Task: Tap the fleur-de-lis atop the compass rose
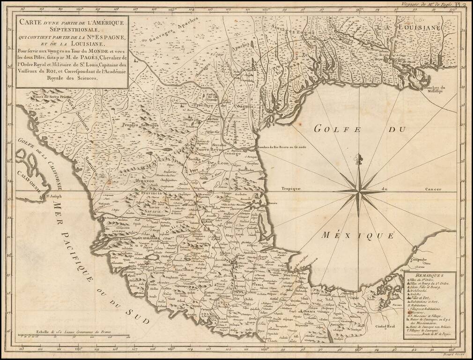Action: pos(360,159)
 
